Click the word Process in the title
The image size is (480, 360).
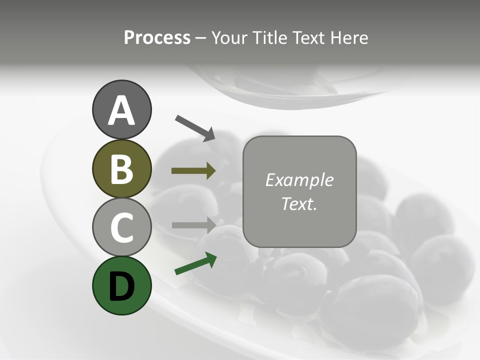point(157,38)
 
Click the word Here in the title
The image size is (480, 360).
point(348,38)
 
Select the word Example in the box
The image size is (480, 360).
point(299,180)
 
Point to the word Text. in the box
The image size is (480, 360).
point(299,204)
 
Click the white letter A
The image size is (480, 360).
point(121,111)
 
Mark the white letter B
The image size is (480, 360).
point(121,169)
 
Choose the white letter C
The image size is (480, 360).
point(121,228)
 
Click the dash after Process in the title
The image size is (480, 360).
point(201,38)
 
